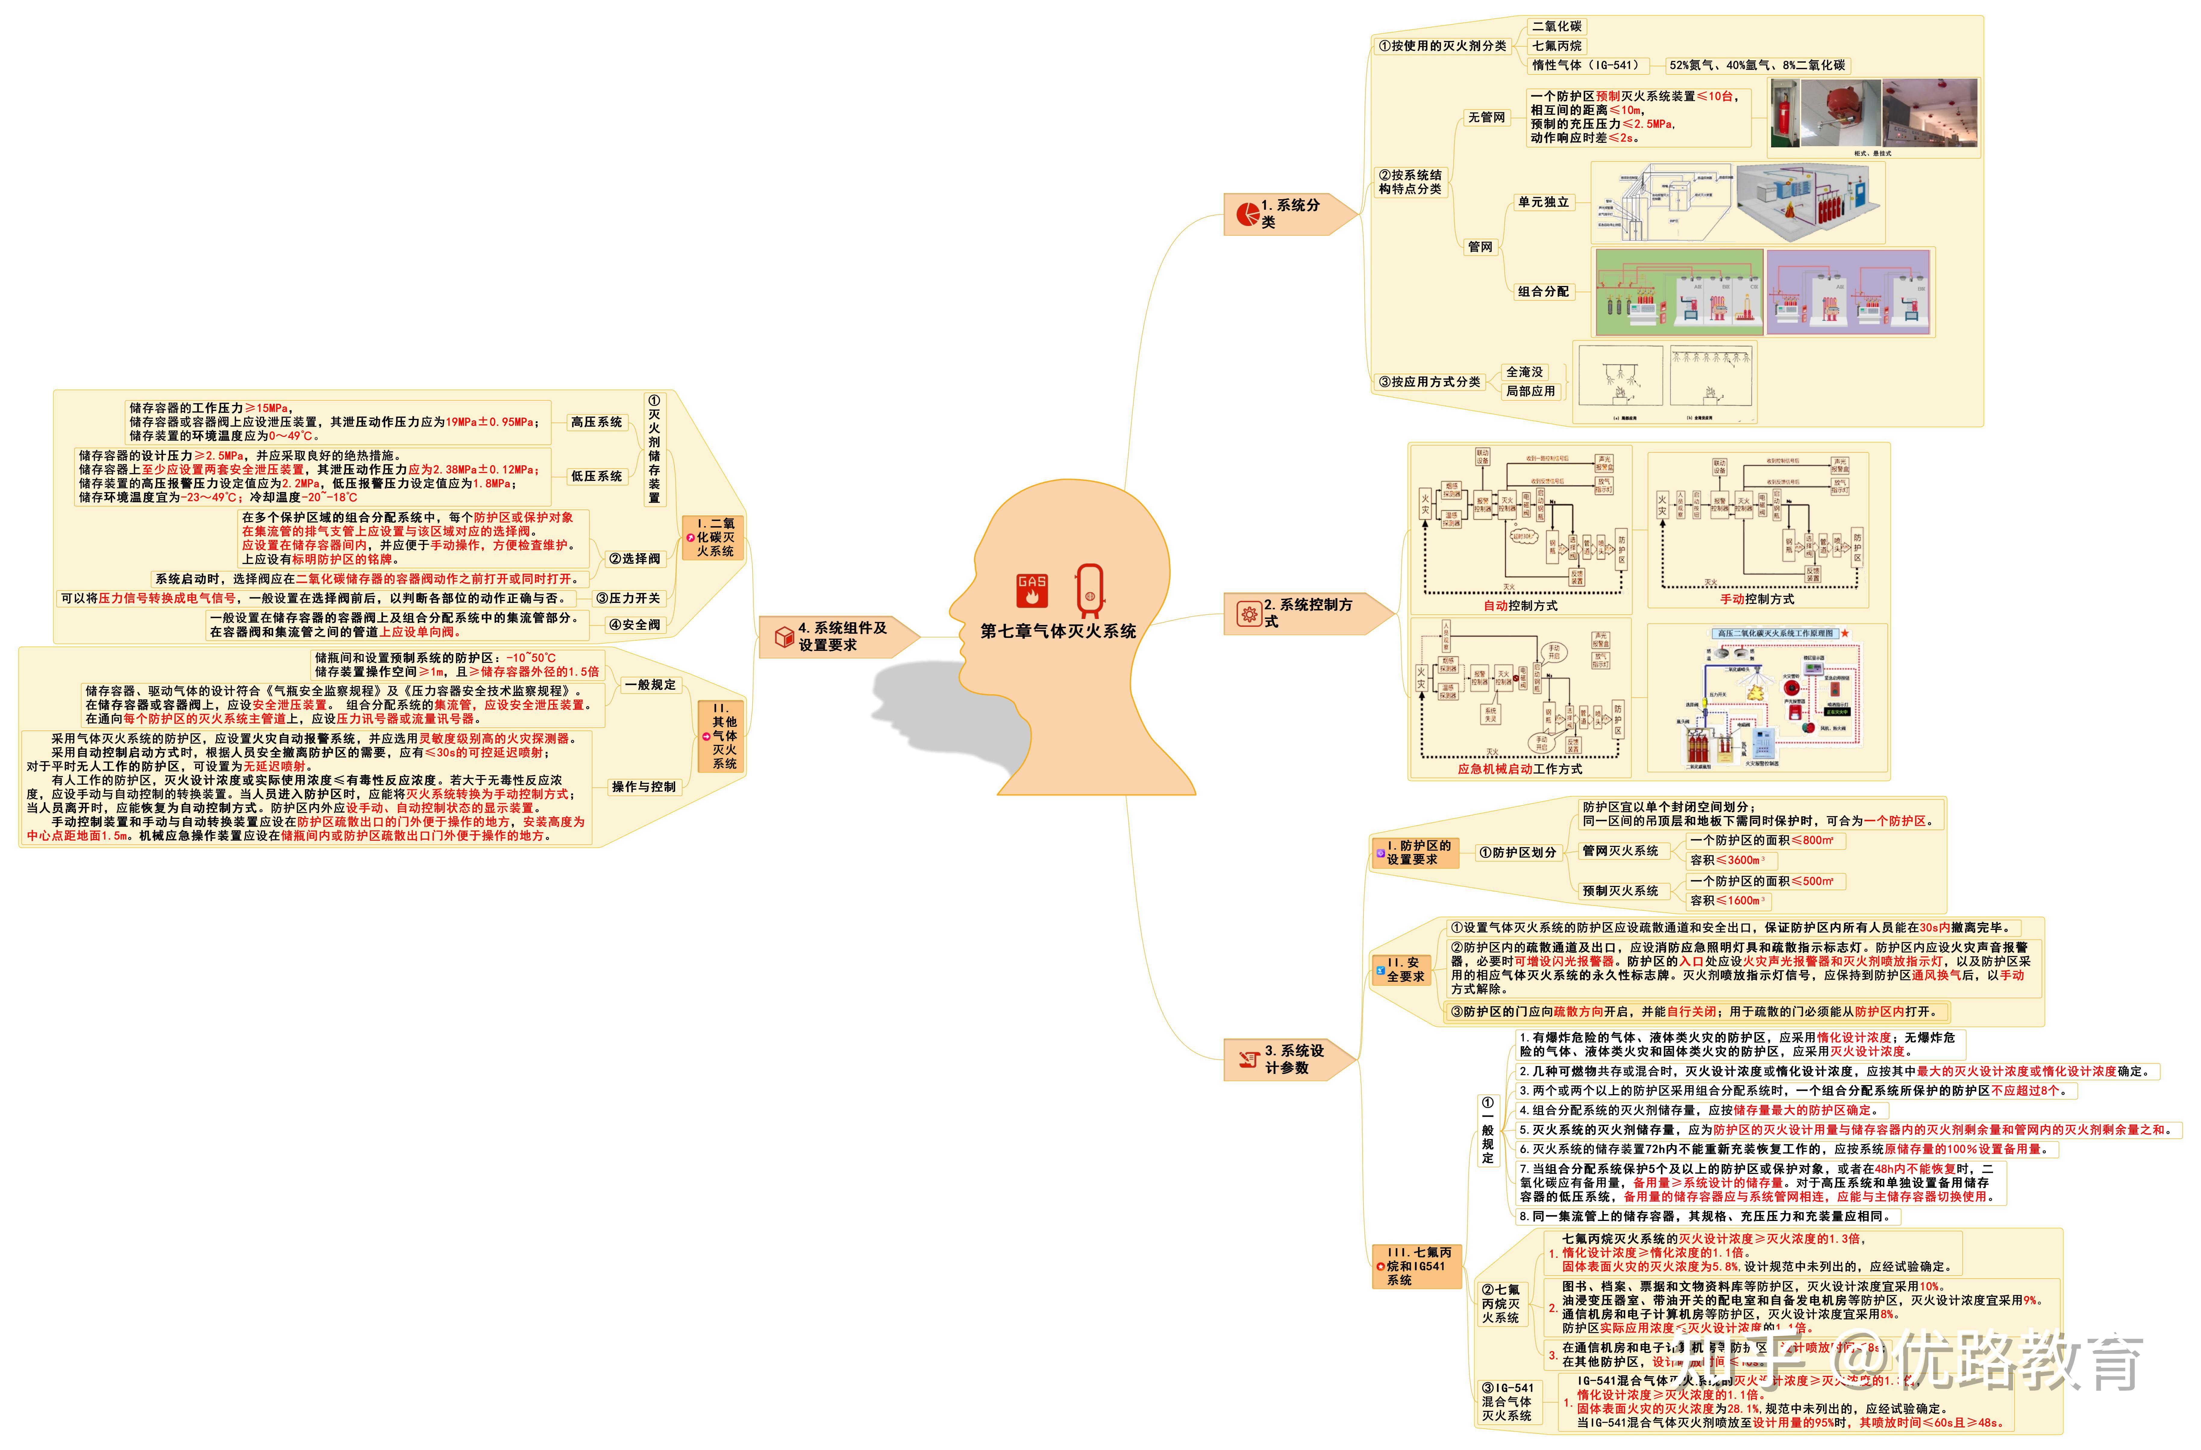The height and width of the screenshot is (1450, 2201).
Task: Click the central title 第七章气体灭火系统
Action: click(x=1058, y=631)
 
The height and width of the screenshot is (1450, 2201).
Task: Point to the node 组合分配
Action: click(x=1542, y=291)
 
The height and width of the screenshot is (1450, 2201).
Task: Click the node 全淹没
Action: click(x=1524, y=372)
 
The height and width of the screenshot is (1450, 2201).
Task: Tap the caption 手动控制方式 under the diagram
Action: click(x=1756, y=599)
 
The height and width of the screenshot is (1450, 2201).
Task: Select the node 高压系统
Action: click(x=596, y=422)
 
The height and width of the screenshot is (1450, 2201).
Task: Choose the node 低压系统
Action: click(x=596, y=476)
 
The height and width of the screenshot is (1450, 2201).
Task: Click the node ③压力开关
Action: click(x=628, y=598)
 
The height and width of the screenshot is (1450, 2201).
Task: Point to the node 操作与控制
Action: click(x=644, y=787)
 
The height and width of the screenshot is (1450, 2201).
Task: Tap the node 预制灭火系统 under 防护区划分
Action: click(x=1620, y=890)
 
